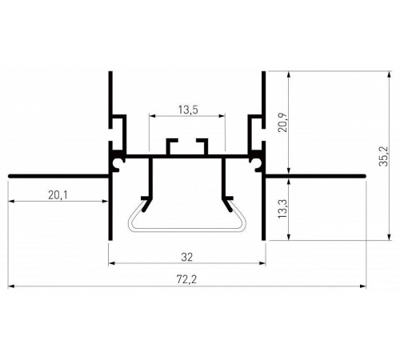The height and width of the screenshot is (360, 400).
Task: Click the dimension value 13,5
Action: pos(186,110)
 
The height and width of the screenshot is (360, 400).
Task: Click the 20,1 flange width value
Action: pos(58,194)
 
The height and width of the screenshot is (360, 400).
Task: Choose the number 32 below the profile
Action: pos(186,257)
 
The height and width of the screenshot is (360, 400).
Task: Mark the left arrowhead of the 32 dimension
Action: pos(111,262)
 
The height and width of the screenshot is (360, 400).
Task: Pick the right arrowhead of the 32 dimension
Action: pos(261,262)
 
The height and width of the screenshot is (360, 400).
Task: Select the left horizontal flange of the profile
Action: pos(56,174)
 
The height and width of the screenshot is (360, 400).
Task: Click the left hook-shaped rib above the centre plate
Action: pos(171,145)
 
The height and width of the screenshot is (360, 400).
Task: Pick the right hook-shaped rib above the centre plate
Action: pos(201,145)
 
